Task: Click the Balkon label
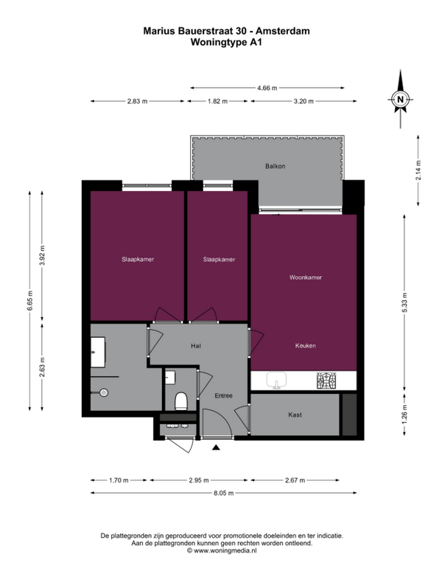pos(276,166)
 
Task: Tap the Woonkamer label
pos(306,277)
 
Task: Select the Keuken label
pos(306,345)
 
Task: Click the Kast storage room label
pos(295,415)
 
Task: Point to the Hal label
pos(196,346)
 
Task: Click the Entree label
pos(223,395)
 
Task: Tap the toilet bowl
pos(180,401)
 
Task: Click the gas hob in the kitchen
pos(326,381)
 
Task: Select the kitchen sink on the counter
pos(277,381)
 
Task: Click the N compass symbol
pos(401,100)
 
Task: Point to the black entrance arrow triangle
pos(216,447)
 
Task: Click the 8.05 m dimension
pos(223,493)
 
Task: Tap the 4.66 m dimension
pos(267,88)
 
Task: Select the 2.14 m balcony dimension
pos(418,170)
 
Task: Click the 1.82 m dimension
pos(217,102)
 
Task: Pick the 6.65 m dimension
pos(30,301)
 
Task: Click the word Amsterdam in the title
pos(283,31)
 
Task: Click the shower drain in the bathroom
pos(104,392)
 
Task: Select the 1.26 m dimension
pos(404,415)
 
